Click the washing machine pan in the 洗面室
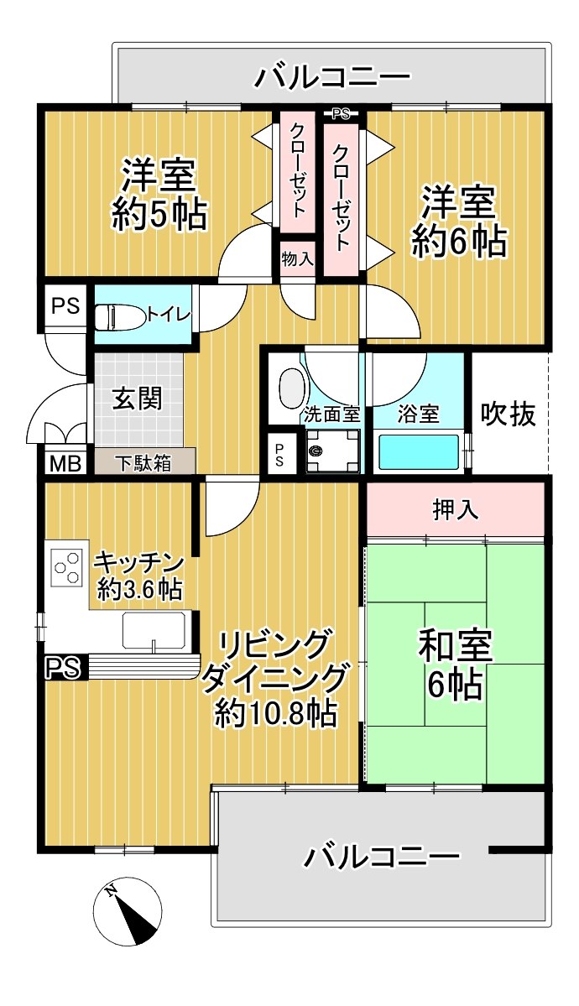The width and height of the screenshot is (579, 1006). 332,451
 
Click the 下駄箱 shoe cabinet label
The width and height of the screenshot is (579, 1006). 143,463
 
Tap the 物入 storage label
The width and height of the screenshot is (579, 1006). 297,260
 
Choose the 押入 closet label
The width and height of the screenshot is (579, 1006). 455,510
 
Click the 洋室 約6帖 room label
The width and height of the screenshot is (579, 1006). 459,222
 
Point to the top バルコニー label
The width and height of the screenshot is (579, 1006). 331,77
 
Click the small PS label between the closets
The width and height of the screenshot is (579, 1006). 340,115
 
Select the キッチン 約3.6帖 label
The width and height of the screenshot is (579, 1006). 139,576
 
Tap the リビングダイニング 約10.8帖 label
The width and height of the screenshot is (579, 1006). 276,678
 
